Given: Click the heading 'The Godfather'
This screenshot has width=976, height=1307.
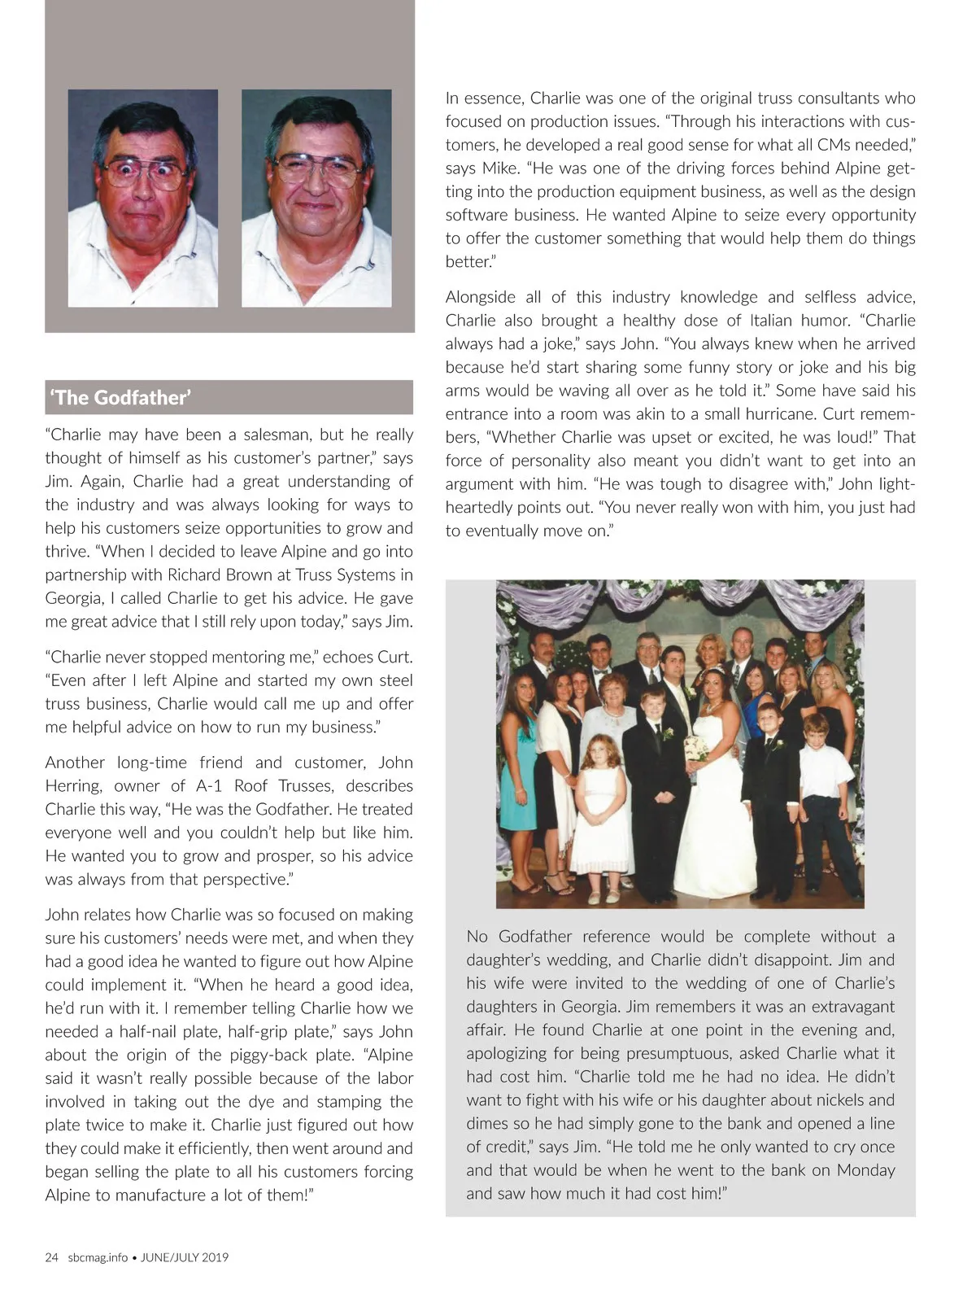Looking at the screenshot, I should click(x=120, y=398).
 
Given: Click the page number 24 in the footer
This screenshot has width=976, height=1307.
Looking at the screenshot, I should click(x=52, y=1257).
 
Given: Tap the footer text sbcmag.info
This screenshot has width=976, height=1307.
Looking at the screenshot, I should click(x=98, y=1257).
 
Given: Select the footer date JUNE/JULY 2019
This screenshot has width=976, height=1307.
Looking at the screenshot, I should click(x=185, y=1257).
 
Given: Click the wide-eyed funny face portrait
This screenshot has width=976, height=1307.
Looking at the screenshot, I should click(x=143, y=198).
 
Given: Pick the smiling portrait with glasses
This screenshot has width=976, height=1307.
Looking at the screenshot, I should click(x=316, y=198).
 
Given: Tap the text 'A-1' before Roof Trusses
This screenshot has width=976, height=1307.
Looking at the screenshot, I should click(x=209, y=786).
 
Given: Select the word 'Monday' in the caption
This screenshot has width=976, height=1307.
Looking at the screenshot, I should click(x=864, y=1147).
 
